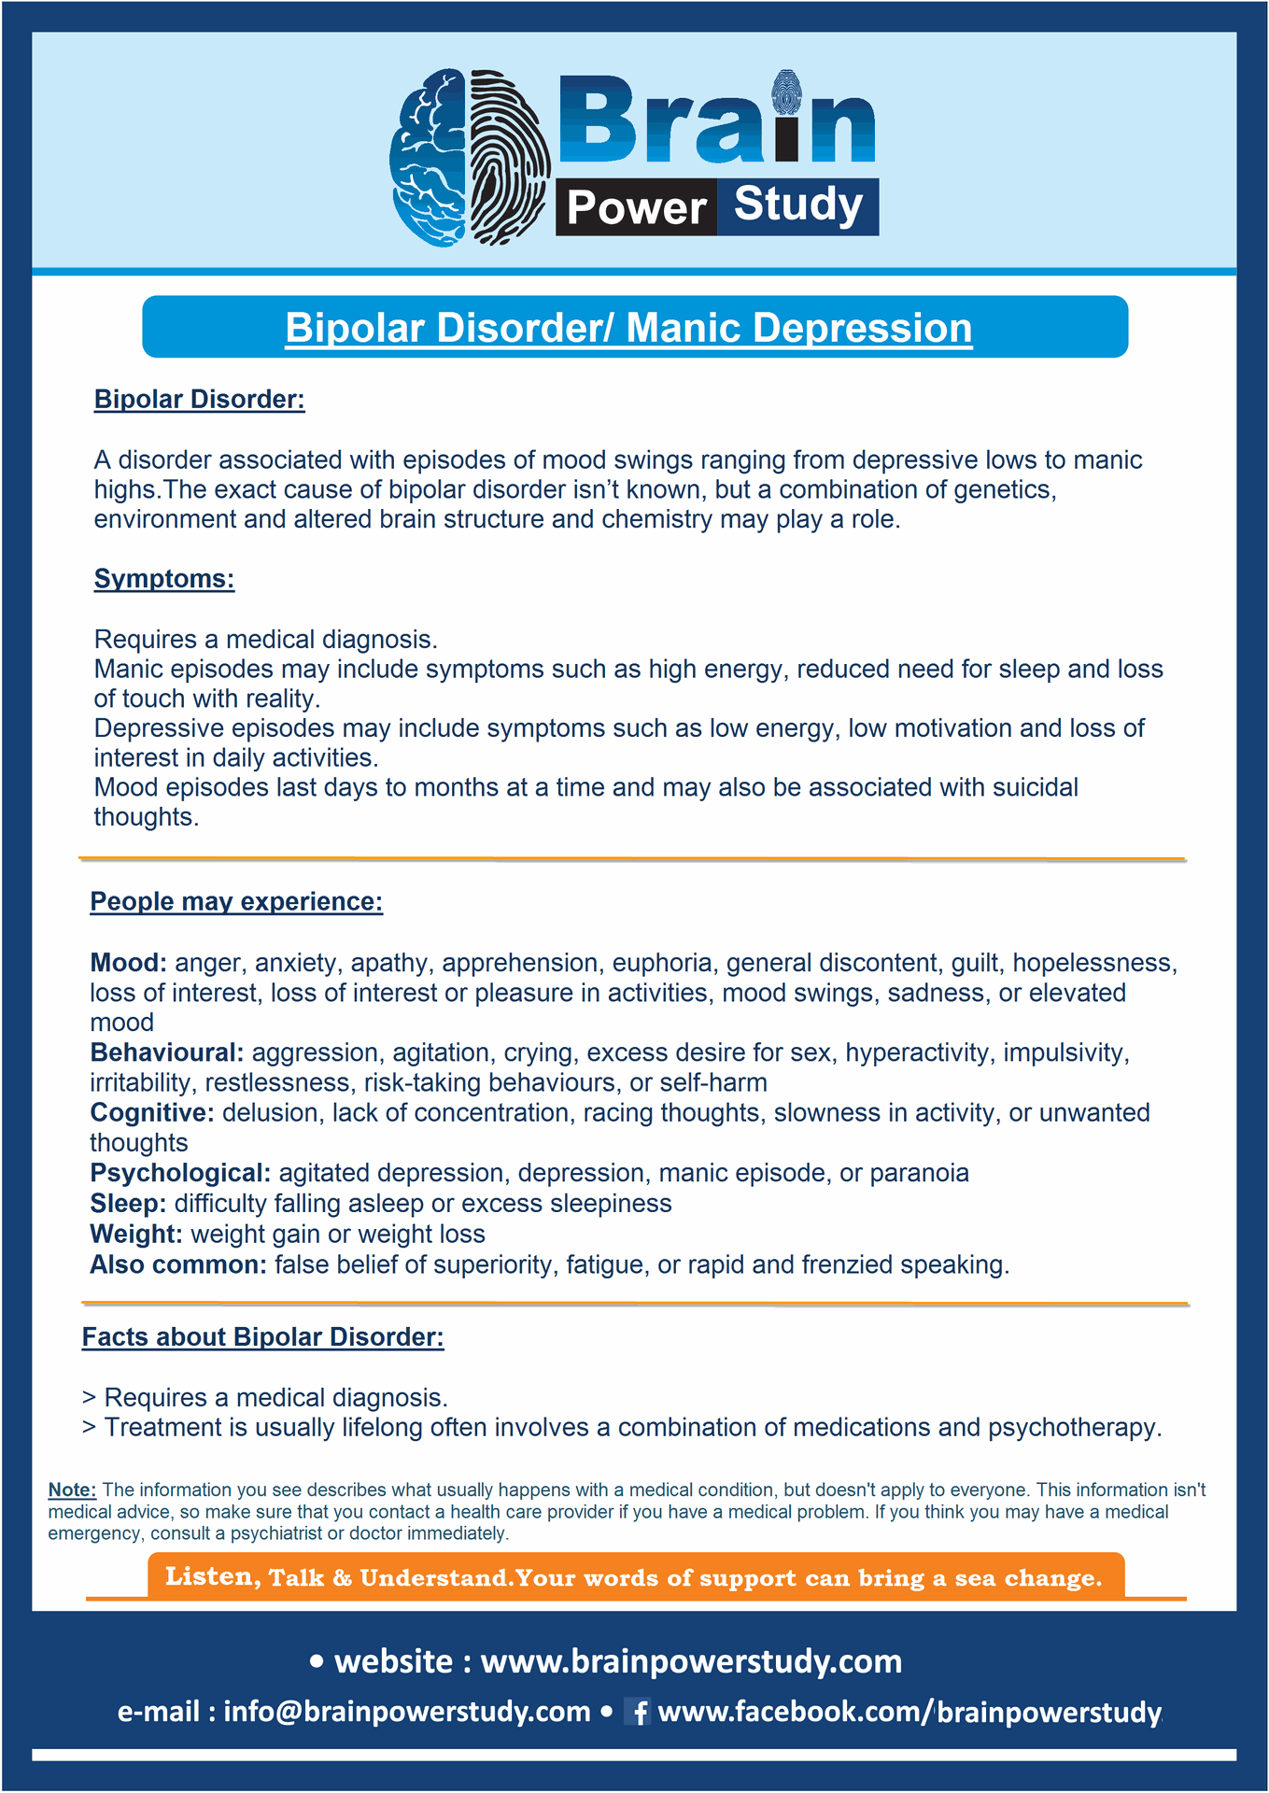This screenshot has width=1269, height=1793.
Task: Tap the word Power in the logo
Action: point(636,207)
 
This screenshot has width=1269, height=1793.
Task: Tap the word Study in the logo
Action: point(797,205)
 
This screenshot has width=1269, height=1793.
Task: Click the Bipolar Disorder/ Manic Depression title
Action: point(628,328)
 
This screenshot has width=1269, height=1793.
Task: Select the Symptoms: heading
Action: point(163,579)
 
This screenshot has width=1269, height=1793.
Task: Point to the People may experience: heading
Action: point(236,902)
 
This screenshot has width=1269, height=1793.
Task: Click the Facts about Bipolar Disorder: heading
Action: point(262,1337)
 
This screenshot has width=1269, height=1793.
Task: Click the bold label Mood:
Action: point(128,963)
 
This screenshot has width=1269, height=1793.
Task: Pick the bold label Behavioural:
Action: point(166,1053)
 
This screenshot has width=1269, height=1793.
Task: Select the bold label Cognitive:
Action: point(152,1113)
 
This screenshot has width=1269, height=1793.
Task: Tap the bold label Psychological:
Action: point(180,1174)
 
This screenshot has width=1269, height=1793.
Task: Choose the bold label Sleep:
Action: point(128,1204)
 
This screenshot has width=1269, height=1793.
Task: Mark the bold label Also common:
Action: point(178,1265)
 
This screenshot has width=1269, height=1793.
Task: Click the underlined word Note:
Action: point(72,1490)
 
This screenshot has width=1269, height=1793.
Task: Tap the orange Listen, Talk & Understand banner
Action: point(635,1577)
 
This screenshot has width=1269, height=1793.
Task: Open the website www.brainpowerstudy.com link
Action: point(691,1662)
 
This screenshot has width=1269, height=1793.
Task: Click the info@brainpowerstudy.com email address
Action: point(406,1712)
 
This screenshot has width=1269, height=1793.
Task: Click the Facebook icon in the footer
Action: point(639,1712)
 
